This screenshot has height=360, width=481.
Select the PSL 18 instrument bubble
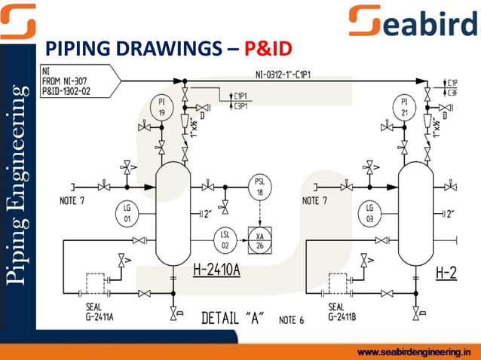tap(261, 187)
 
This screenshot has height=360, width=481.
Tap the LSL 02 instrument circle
tap(225, 239)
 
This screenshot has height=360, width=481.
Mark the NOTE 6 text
tap(291, 320)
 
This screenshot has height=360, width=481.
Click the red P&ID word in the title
tap(266, 51)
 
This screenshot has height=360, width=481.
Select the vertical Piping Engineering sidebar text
tap(17, 185)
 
